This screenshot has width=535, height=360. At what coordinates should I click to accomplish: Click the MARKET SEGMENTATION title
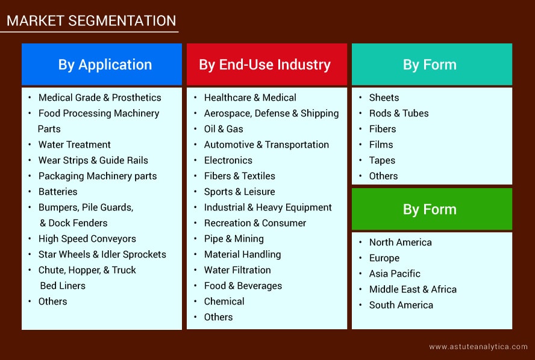click(92, 21)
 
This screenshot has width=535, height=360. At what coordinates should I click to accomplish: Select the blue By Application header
click(102, 64)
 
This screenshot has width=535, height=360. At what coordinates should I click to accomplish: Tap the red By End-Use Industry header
click(267, 64)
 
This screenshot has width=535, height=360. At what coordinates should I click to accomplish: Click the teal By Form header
click(432, 64)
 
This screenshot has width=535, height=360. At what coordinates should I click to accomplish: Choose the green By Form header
click(432, 209)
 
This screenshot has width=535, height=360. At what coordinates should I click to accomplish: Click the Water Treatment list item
click(74, 145)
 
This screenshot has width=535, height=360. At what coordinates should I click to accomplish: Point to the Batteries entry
click(58, 192)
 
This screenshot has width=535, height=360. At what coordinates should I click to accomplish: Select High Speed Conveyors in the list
click(87, 239)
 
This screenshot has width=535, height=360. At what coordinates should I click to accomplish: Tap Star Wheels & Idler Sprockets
click(102, 254)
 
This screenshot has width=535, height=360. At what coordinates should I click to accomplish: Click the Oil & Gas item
click(224, 129)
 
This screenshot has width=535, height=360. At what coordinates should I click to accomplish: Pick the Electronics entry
click(228, 160)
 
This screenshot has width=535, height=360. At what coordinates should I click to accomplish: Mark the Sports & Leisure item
click(240, 192)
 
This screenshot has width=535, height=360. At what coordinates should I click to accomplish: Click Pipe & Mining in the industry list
click(234, 239)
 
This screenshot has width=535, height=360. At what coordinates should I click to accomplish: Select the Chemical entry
click(224, 302)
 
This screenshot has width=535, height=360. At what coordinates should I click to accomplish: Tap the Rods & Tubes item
click(399, 113)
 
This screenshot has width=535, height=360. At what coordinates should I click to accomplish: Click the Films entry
click(381, 145)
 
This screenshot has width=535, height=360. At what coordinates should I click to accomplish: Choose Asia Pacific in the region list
click(395, 274)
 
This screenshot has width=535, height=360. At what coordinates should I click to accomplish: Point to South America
click(401, 305)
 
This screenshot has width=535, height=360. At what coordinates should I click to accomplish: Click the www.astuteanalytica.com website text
click(478, 347)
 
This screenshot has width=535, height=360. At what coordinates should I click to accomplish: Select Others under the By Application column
click(52, 302)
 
